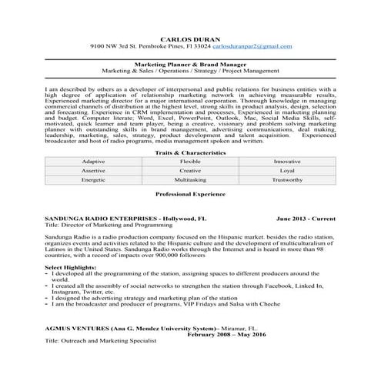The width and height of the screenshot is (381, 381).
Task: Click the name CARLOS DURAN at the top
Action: click(x=189, y=38)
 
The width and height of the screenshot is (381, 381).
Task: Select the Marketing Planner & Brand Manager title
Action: click(x=190, y=66)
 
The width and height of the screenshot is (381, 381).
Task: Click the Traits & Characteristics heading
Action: click(x=190, y=153)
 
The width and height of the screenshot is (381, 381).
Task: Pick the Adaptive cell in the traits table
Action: click(x=92, y=163)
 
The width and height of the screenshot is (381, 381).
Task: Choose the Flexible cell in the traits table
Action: click(x=190, y=163)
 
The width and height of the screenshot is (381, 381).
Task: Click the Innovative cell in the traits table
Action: click(x=287, y=163)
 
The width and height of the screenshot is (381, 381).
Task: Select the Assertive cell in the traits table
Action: click(x=92, y=171)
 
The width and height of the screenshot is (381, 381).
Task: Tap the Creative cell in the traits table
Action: click(x=190, y=171)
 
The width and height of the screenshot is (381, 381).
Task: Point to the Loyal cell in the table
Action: click(x=287, y=171)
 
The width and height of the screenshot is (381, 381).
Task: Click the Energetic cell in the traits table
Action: click(x=92, y=179)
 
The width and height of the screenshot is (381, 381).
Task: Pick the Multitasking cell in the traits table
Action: click(x=190, y=179)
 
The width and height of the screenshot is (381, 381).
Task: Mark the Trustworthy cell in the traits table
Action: click(x=287, y=179)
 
